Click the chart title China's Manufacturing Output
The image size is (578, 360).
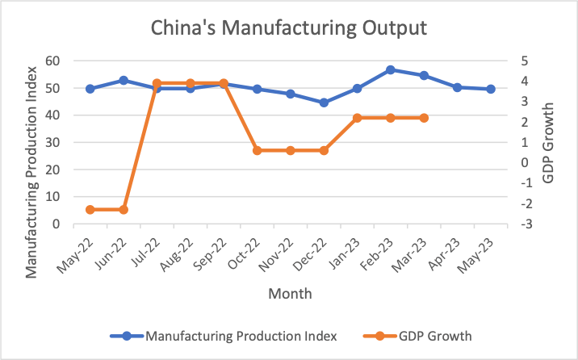(x=288, y=28)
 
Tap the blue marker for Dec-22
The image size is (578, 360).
(x=324, y=103)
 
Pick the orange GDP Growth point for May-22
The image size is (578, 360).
(x=90, y=210)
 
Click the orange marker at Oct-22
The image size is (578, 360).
(x=257, y=150)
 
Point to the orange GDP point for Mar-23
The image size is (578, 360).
(x=424, y=118)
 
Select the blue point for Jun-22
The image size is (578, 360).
(x=124, y=80)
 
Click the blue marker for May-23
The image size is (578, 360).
(x=491, y=89)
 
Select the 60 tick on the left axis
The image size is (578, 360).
(x=52, y=61)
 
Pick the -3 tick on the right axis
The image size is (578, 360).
(x=524, y=224)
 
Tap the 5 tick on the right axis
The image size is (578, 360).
(x=524, y=61)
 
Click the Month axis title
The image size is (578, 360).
(x=290, y=294)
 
